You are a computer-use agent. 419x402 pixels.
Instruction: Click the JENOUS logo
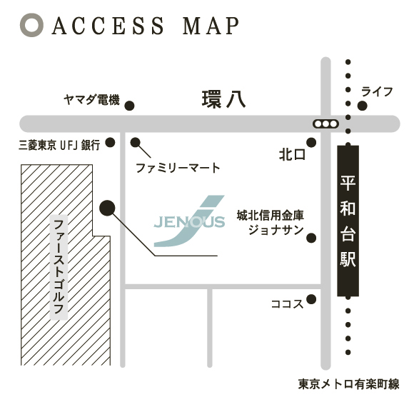point(189,221)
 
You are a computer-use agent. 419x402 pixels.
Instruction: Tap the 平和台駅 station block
point(348,221)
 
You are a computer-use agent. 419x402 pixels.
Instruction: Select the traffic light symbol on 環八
point(325,124)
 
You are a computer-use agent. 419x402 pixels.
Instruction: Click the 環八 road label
point(223,99)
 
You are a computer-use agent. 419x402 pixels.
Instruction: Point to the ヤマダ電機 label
point(91,100)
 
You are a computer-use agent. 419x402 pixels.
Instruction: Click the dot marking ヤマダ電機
point(130,106)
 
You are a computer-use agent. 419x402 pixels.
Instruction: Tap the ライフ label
point(377,91)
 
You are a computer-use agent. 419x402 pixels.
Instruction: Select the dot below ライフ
point(363,106)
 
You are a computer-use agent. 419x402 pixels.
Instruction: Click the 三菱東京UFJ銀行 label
point(59,145)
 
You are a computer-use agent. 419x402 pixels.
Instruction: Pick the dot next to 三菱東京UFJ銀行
point(110,143)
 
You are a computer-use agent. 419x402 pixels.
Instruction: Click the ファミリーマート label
point(178,168)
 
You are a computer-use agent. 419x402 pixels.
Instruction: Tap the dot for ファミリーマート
point(135,143)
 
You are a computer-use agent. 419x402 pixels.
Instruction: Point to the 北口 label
point(292,155)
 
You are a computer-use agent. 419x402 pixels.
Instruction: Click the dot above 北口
point(311,143)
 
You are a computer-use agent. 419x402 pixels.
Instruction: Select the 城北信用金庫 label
point(270,216)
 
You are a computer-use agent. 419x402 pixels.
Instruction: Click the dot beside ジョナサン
point(311,238)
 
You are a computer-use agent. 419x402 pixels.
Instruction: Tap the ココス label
point(287,304)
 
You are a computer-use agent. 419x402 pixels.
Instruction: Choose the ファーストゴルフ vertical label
point(59,267)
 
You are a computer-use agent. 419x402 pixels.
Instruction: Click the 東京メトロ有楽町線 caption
point(349,384)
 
